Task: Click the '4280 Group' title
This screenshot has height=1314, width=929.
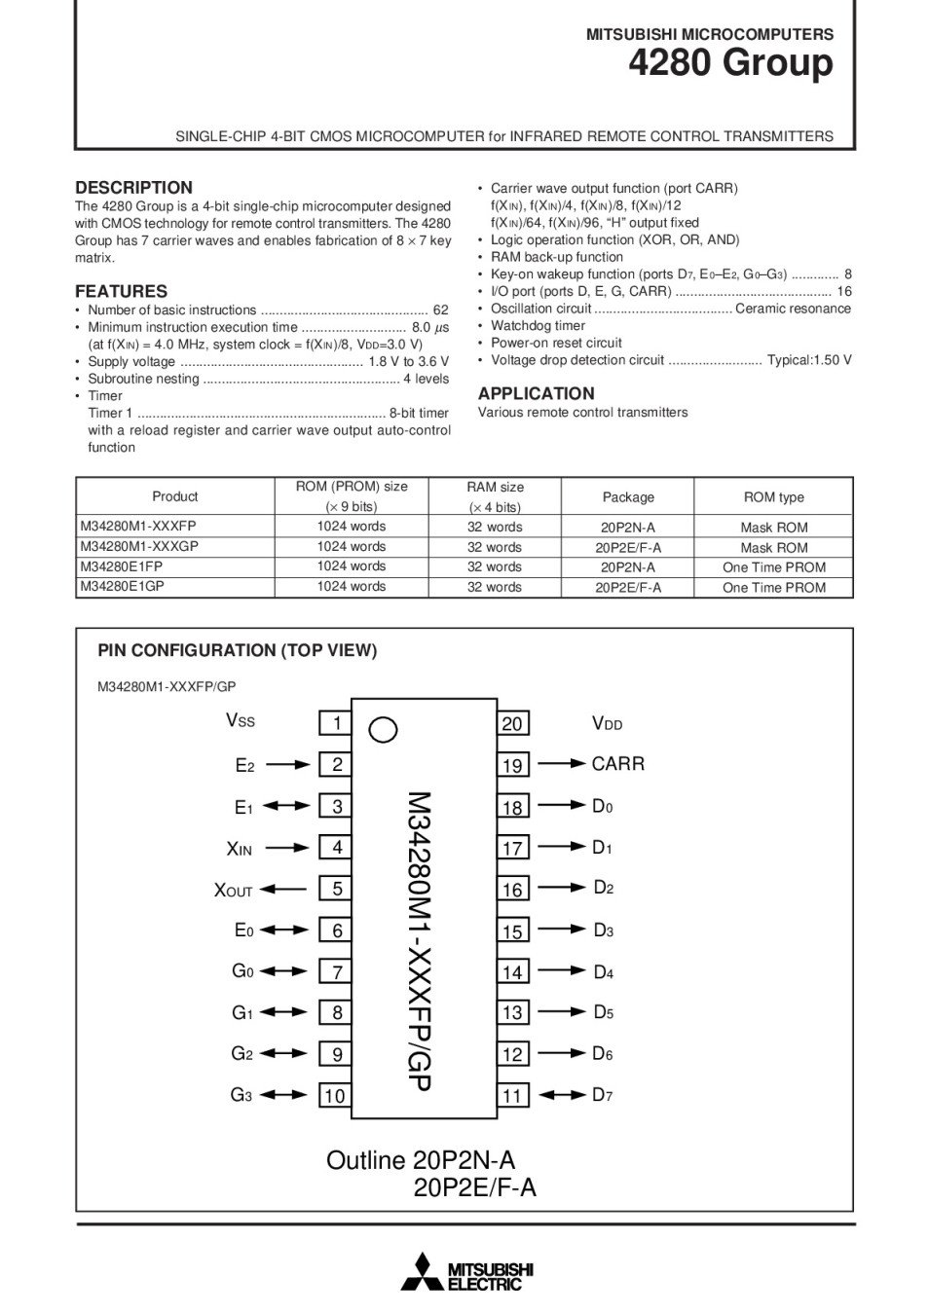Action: pos(730,64)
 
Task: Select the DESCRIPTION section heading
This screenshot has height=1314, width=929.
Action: pos(133,188)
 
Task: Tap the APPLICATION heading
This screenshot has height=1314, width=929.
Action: pos(536,393)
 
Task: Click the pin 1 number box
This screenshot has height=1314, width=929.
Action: pos(336,723)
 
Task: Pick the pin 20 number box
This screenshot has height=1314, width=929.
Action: pos(512,724)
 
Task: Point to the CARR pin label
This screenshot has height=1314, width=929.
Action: pos(617,764)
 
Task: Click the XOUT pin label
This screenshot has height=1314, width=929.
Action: pos(234,890)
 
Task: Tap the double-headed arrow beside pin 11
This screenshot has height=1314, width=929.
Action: pos(563,1095)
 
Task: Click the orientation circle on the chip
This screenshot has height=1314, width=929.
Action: pos(384,730)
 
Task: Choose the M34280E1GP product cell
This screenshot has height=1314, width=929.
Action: pos(123,586)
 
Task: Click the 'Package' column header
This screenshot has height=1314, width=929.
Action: pos(628,497)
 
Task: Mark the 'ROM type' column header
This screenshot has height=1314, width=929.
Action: pos(773,497)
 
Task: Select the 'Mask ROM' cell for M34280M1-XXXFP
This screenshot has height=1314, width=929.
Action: pos(773,528)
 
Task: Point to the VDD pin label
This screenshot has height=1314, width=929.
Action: pos(607,723)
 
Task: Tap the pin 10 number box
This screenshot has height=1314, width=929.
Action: pos(335,1096)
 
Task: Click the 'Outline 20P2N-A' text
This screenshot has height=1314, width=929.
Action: pos(421,1160)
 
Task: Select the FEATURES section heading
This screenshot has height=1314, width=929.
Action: pos(121,291)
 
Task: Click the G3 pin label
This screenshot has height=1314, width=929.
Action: pos(242,1095)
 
